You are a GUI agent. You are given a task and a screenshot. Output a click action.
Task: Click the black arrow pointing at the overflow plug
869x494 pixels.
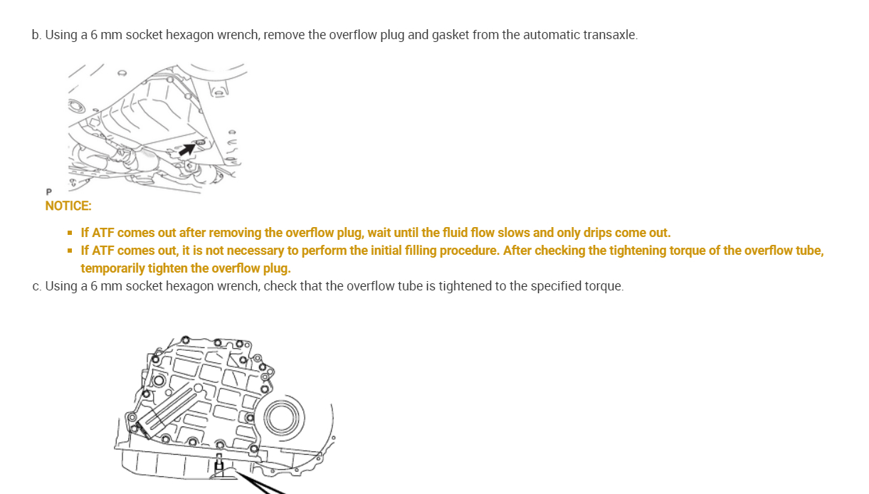click(x=186, y=149)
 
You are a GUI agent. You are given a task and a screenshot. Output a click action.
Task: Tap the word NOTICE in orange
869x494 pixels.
click(x=68, y=206)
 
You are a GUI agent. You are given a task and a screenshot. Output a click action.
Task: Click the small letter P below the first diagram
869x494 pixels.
click(x=48, y=192)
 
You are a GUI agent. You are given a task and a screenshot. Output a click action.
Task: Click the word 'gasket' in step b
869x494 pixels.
click(x=450, y=34)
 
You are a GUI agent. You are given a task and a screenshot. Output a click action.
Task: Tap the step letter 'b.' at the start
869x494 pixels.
click(x=36, y=34)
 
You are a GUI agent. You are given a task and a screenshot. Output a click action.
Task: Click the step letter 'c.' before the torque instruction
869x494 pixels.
click(x=36, y=286)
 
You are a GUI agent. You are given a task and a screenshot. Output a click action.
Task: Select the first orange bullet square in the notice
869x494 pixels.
click(x=70, y=233)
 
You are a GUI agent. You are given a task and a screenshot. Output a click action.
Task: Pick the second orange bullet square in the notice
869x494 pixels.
click(x=70, y=251)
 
